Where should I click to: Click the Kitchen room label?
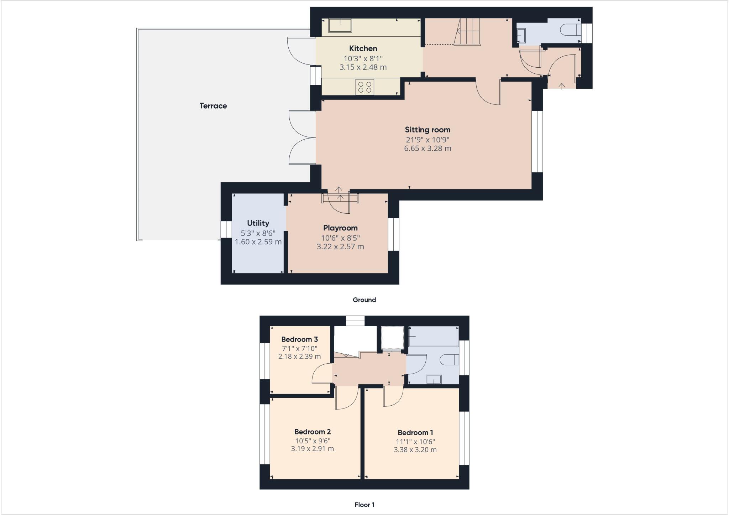coord(363,48)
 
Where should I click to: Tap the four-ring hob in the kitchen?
coord(364,87)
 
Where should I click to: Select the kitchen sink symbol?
coord(340,26)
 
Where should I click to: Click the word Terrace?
coord(213,106)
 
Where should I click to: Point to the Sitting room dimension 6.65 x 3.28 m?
coord(427,149)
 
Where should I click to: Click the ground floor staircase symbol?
coord(468,32)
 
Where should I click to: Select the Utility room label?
coord(258,223)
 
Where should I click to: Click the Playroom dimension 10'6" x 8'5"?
coord(340,238)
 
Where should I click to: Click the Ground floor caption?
coord(364,300)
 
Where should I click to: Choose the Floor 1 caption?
coord(364,505)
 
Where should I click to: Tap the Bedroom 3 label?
coord(299,339)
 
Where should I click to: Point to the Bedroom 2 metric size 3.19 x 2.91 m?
coord(312,449)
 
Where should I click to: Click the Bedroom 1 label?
coord(415,433)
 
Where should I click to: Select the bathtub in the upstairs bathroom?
coord(433,337)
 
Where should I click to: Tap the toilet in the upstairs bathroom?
coord(449,360)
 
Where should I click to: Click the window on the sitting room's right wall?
coord(537,142)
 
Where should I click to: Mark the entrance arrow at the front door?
coord(562,86)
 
